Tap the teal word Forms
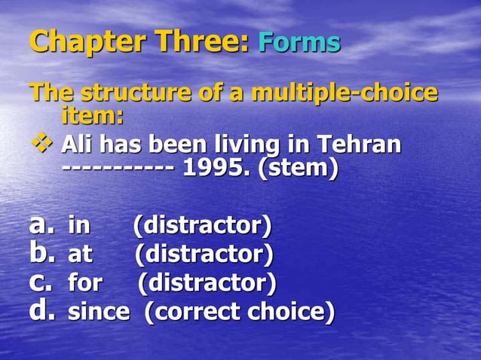pyautogui.click(x=299, y=42)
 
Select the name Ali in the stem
pyautogui.click(x=78, y=143)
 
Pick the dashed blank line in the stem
pyautogui.click(x=118, y=167)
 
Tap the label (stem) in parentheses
pyautogui.click(x=299, y=167)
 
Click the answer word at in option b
pyautogui.click(x=80, y=255)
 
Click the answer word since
pyautogui.click(x=99, y=311)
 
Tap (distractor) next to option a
pyautogui.click(x=202, y=225)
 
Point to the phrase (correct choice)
pyautogui.click(x=239, y=311)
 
